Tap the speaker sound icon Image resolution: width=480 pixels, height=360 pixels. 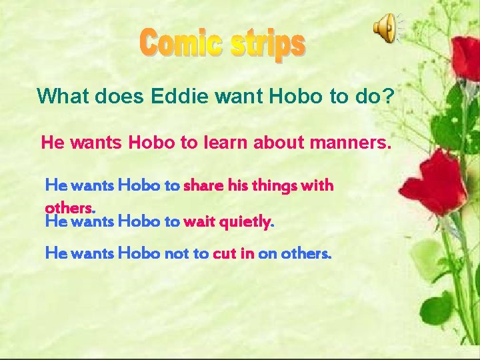385,29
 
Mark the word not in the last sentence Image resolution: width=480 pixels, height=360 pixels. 174,253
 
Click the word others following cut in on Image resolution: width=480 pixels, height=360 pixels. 306,253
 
